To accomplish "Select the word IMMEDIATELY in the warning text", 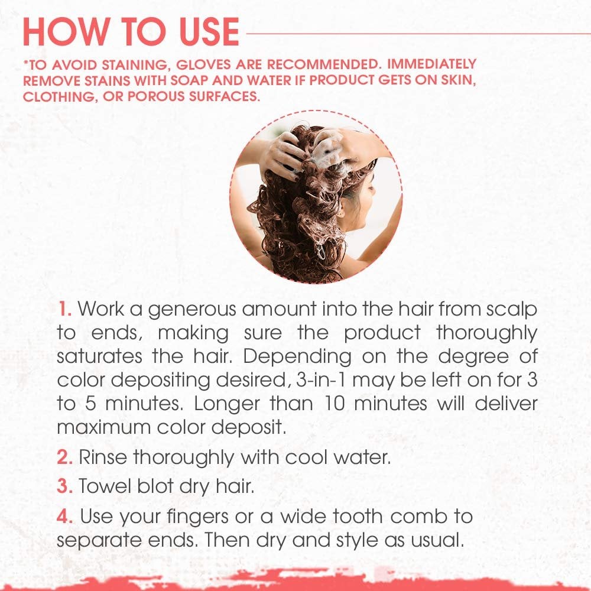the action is point(432,64).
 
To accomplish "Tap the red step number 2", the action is point(65,457).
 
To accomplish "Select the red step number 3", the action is point(65,486).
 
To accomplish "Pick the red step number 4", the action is point(65,516).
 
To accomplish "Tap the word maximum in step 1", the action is point(103,427).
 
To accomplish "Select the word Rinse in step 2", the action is point(103,457).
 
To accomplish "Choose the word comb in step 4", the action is point(418,516).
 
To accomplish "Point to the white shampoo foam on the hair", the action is point(327,152).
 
